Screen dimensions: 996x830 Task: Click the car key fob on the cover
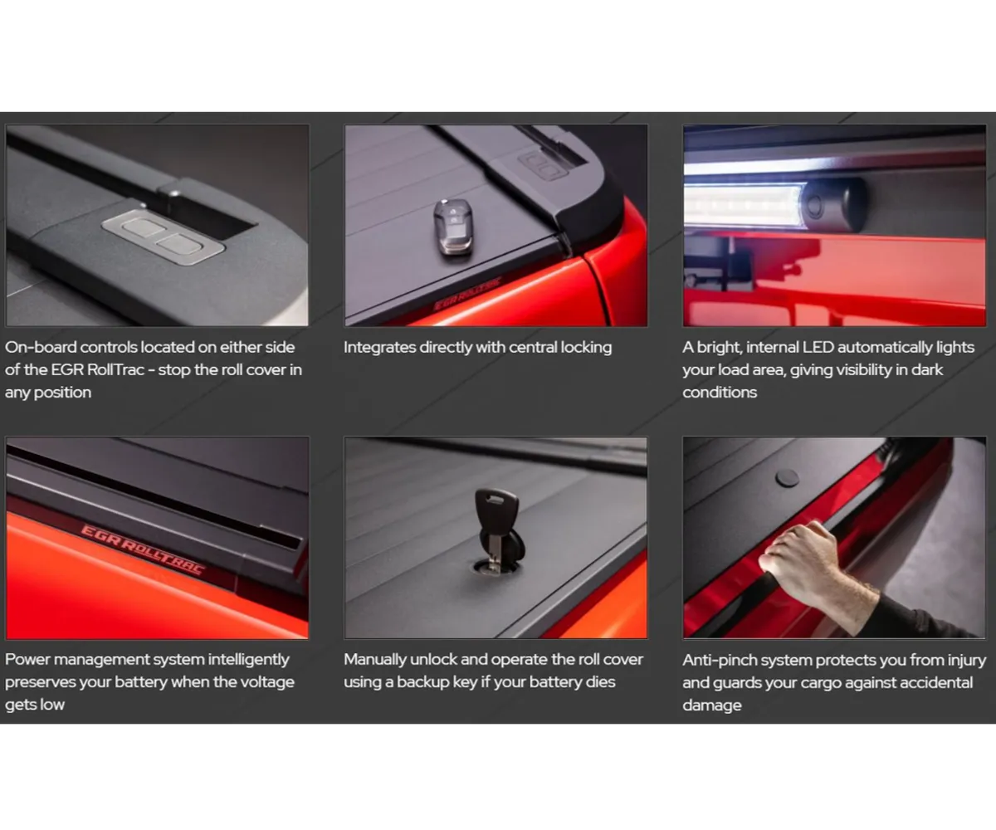(453, 227)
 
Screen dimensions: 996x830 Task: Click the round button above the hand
(787, 477)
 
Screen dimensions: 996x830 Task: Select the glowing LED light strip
(745, 205)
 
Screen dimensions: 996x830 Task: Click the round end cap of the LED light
(832, 204)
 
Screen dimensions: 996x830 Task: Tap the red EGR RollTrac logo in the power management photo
(143, 549)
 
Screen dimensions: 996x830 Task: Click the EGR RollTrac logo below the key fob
(467, 294)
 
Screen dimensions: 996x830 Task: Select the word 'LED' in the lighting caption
(818, 347)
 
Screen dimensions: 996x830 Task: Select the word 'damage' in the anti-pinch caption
(712, 705)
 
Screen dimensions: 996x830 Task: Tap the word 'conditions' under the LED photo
(720, 393)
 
